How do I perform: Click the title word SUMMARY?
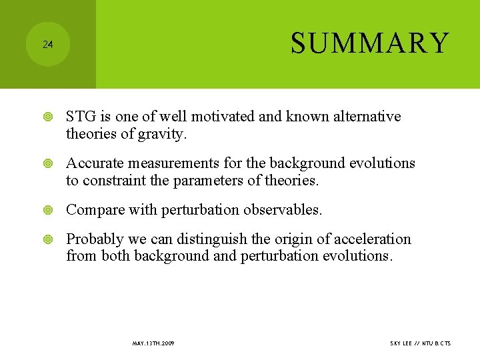pyautogui.click(x=370, y=43)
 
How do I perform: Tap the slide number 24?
pyautogui.click(x=47, y=45)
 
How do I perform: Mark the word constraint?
pyautogui.click(x=111, y=181)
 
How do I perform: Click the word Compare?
pyautogui.click(x=93, y=210)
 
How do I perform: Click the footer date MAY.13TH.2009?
pyautogui.click(x=153, y=343)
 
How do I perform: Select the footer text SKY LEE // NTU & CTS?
pyautogui.click(x=420, y=343)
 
